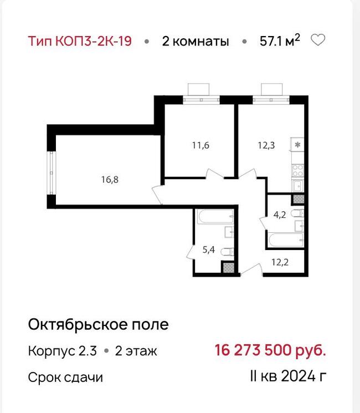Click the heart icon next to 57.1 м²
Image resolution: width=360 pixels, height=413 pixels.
318,40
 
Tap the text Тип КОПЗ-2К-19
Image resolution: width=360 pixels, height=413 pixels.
80,41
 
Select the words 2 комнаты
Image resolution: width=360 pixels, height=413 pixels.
195,41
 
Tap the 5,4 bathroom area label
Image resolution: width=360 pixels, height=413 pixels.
208,249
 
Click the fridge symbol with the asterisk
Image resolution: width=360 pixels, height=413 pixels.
297,145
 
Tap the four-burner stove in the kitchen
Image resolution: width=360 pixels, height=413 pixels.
297,169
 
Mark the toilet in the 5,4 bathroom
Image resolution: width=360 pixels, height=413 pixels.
226,252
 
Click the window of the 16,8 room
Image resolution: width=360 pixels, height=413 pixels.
50,172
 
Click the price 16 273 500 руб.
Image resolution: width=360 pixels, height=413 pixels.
270,350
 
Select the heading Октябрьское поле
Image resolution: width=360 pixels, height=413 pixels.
98,324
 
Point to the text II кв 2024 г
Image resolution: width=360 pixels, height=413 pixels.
287,378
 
